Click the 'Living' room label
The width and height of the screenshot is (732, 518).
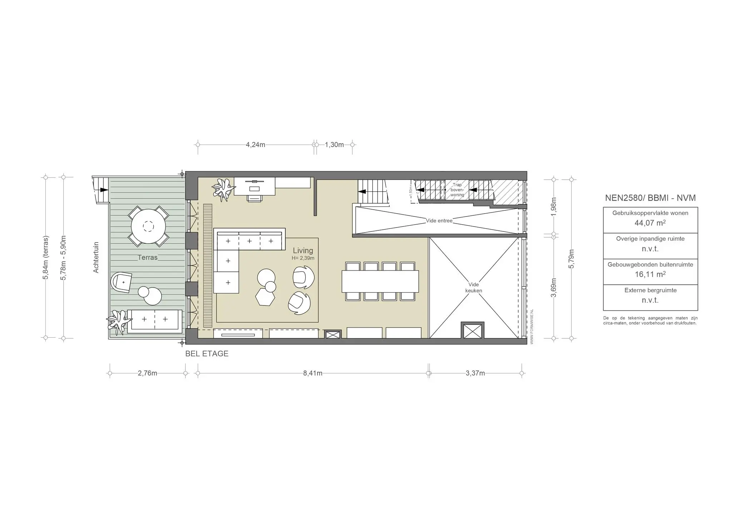[x=303, y=251]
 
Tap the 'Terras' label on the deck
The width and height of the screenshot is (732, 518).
[x=148, y=258]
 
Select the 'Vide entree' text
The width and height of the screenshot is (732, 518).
[x=439, y=221]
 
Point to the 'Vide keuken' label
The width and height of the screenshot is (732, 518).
[x=474, y=288]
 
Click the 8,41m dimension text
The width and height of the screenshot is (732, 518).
[x=313, y=373]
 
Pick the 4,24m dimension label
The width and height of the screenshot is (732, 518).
[x=256, y=145]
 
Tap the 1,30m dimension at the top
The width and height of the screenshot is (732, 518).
[x=334, y=145]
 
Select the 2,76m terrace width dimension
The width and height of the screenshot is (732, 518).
[x=147, y=373]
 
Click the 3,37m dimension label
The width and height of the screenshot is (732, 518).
[x=475, y=373]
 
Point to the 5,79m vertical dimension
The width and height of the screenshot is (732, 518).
[x=571, y=259]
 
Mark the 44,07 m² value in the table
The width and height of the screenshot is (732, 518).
[x=650, y=223]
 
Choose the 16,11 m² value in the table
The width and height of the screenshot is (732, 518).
[x=650, y=275]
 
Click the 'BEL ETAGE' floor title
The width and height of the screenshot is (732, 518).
[x=207, y=354]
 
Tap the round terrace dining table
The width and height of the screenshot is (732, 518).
[x=148, y=226]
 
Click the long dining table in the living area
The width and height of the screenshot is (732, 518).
[x=380, y=282]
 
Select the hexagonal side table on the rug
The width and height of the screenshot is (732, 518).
[x=265, y=297]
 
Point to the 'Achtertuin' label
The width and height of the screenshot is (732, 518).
[x=96, y=258]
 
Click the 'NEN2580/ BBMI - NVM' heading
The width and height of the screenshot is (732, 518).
[x=650, y=198]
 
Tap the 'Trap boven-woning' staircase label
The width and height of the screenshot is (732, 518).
[x=457, y=190]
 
